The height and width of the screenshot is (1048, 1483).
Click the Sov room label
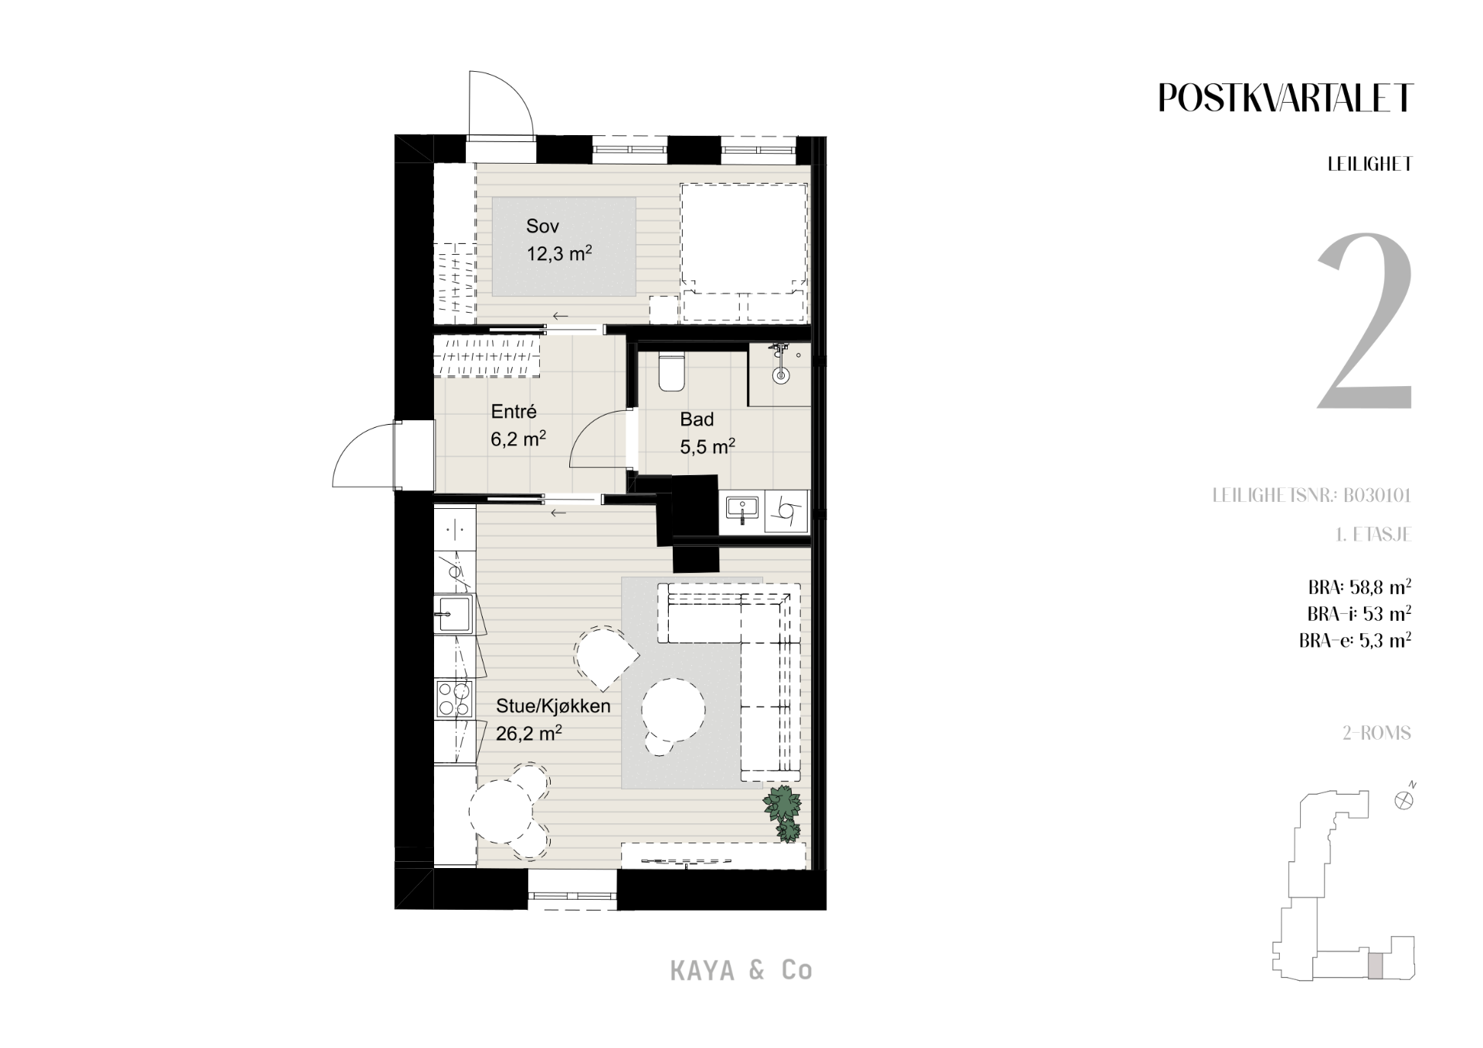click(x=542, y=226)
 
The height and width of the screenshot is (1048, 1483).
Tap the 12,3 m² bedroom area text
click(x=559, y=253)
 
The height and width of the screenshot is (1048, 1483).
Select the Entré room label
click(x=514, y=412)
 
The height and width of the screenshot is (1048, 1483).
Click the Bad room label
click(x=697, y=420)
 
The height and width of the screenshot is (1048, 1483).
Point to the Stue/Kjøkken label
click(x=553, y=706)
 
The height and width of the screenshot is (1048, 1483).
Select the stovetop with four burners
click(x=453, y=698)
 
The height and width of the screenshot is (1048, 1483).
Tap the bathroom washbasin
click(x=742, y=510)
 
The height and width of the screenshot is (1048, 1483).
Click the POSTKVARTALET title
click(x=1286, y=98)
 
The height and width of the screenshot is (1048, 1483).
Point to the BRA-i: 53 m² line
click(x=1359, y=614)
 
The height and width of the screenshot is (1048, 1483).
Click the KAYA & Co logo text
click(x=741, y=971)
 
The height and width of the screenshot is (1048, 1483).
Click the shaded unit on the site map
click(x=1376, y=966)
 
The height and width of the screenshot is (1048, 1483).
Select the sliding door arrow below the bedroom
click(x=559, y=316)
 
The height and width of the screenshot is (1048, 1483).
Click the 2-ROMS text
click(x=1377, y=733)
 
